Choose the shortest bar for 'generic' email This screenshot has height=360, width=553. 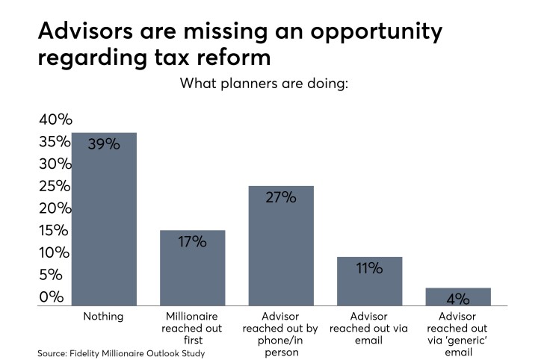point(458,297)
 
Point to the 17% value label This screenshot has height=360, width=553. point(192,242)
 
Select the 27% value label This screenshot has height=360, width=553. point(281,198)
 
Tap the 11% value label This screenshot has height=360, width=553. point(369,268)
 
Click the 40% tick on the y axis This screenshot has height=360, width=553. point(55,120)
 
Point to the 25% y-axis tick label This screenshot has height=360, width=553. point(55,186)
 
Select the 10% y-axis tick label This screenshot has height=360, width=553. point(55,252)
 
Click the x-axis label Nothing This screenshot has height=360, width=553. point(104,317)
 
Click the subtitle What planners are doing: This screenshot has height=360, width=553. point(275,84)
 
